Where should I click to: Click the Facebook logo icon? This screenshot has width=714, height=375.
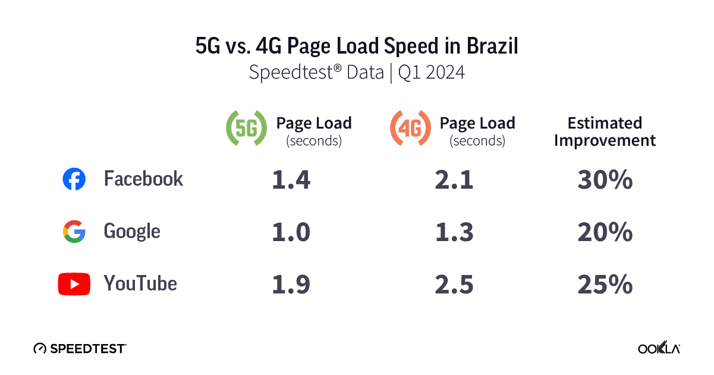click(74, 179)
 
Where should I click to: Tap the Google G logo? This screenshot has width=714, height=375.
click(74, 232)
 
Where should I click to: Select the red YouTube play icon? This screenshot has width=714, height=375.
click(74, 284)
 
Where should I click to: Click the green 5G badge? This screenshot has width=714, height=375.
click(246, 128)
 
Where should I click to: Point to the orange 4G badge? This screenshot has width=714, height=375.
click(410, 128)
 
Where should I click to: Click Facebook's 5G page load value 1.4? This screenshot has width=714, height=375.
click(291, 180)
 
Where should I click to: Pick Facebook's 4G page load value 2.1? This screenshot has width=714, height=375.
click(454, 180)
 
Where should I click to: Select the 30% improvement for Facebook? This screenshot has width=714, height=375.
click(605, 180)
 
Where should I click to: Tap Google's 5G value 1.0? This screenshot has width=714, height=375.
click(291, 232)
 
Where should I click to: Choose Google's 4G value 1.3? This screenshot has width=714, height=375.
click(454, 232)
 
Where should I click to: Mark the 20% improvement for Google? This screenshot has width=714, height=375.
click(605, 232)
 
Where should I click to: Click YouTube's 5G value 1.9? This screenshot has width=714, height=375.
click(291, 285)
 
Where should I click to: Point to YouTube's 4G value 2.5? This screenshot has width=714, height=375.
click(454, 285)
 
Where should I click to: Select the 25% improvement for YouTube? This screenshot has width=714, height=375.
click(605, 285)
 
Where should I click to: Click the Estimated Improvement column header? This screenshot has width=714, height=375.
click(605, 132)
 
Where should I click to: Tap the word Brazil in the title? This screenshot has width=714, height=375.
click(491, 46)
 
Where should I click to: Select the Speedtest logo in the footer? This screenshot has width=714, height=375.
click(80, 348)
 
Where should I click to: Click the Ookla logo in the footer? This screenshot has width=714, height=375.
click(659, 348)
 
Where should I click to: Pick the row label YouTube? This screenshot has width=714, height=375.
click(140, 283)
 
